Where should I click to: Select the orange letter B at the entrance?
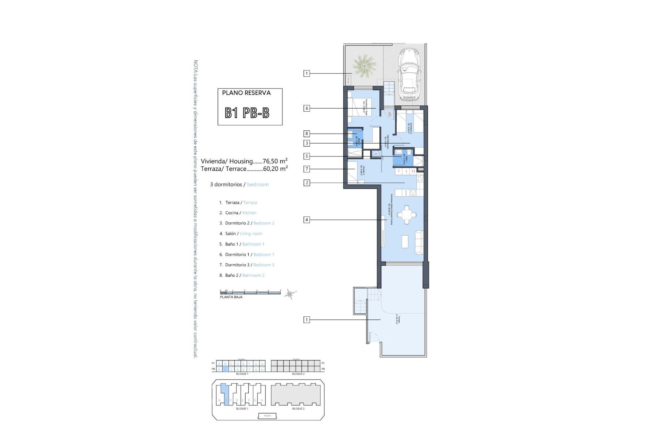[390, 114]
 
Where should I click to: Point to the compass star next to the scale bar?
[289, 294]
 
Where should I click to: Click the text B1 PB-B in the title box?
[247, 113]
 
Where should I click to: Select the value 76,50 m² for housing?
[275, 161]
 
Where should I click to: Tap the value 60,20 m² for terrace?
[275, 169]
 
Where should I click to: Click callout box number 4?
[306, 220]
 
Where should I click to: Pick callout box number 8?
[306, 134]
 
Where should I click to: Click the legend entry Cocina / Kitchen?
[240, 213]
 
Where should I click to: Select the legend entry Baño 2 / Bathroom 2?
[245, 275]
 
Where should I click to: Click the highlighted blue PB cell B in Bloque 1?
[225, 370]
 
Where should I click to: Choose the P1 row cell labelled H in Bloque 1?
[262, 364]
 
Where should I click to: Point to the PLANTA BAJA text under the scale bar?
[231, 297]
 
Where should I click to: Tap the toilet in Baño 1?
[409, 153]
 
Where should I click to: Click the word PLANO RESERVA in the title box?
[246, 93]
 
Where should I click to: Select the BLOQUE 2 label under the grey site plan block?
[298, 409]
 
